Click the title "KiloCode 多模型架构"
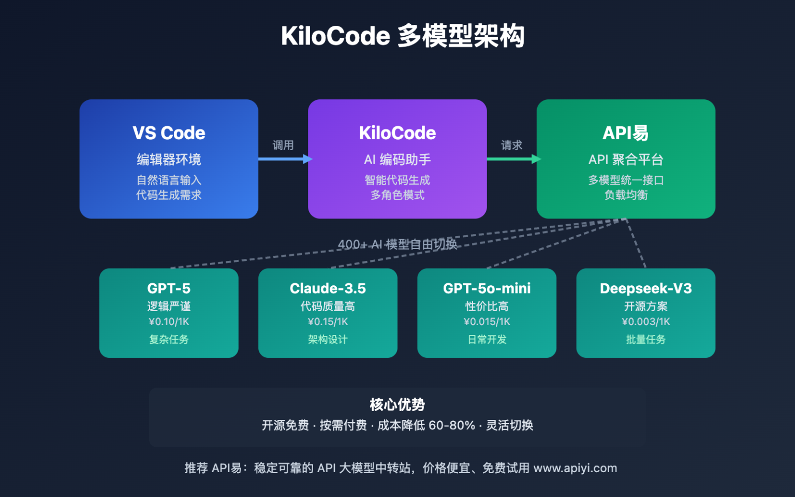[402, 36]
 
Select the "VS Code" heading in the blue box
[169, 133]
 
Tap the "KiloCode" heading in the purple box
[397, 133]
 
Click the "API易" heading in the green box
[625, 133]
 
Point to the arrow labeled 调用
[285, 159]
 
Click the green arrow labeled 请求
[513, 159]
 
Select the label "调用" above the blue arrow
[283, 145]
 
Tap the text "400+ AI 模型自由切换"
[397, 244]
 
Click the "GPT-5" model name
[169, 288]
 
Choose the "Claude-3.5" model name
[328, 288]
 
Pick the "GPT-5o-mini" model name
[487, 288]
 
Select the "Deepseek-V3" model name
[645, 288]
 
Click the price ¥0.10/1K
[169, 321]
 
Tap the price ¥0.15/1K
[328, 321]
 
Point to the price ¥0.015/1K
[487, 321]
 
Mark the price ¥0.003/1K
[645, 321]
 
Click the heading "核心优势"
[397, 404]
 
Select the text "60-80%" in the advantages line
[451, 426]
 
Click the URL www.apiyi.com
[575, 468]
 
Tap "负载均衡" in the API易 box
[626, 195]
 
